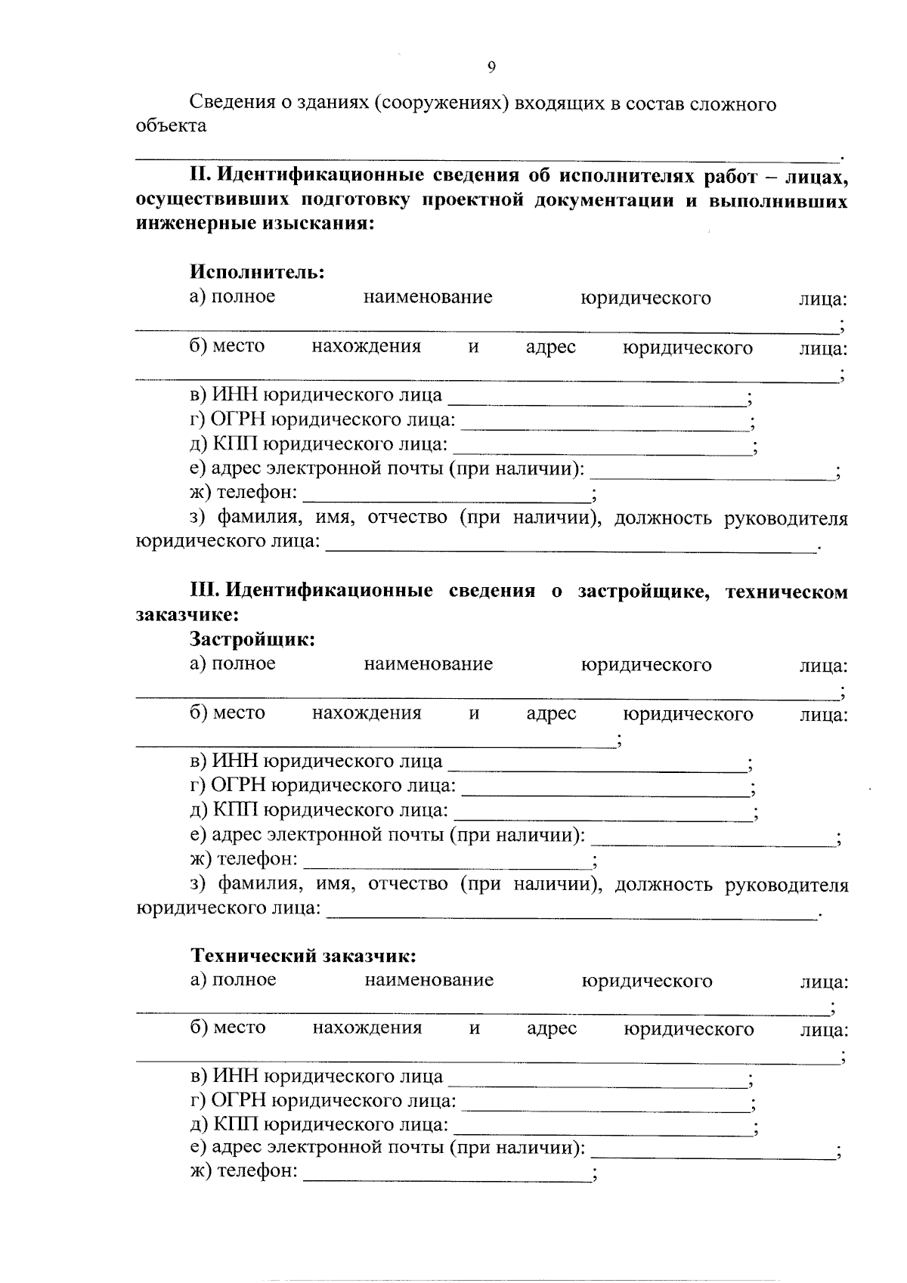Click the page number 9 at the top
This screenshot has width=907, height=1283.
[491, 68]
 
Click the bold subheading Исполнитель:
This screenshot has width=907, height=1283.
[257, 271]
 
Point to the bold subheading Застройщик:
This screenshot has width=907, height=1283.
[252, 639]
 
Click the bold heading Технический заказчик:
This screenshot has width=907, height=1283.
[303, 956]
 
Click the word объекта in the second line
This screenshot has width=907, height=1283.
[171, 125]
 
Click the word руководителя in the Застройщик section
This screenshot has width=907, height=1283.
[786, 885]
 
